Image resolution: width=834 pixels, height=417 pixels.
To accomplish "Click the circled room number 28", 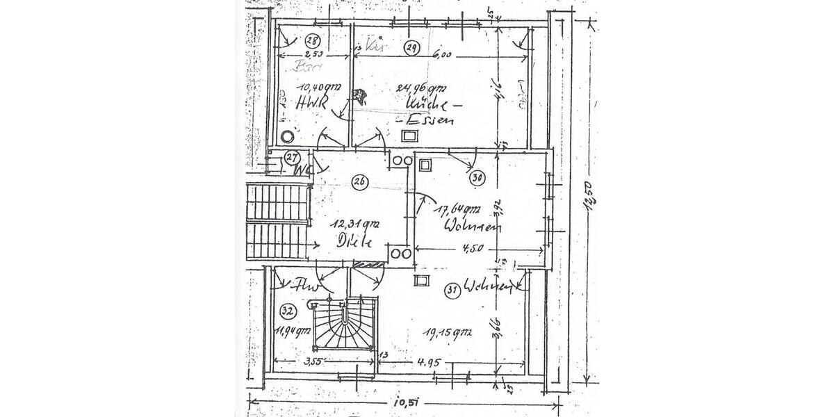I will point(312,40).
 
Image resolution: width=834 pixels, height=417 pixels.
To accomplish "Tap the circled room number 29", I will point(411,47).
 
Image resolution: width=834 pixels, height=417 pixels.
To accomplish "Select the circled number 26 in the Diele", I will point(359,182).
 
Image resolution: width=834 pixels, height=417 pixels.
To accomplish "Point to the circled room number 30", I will point(476,178).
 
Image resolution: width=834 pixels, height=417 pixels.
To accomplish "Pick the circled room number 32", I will point(287,310).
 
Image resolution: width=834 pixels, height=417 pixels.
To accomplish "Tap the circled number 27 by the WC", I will point(293,158).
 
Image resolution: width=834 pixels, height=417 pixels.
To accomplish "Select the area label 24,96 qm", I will point(420,88).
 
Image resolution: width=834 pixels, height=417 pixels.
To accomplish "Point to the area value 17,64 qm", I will point(457,208).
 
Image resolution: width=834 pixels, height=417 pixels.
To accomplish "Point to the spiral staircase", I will point(344,323).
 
